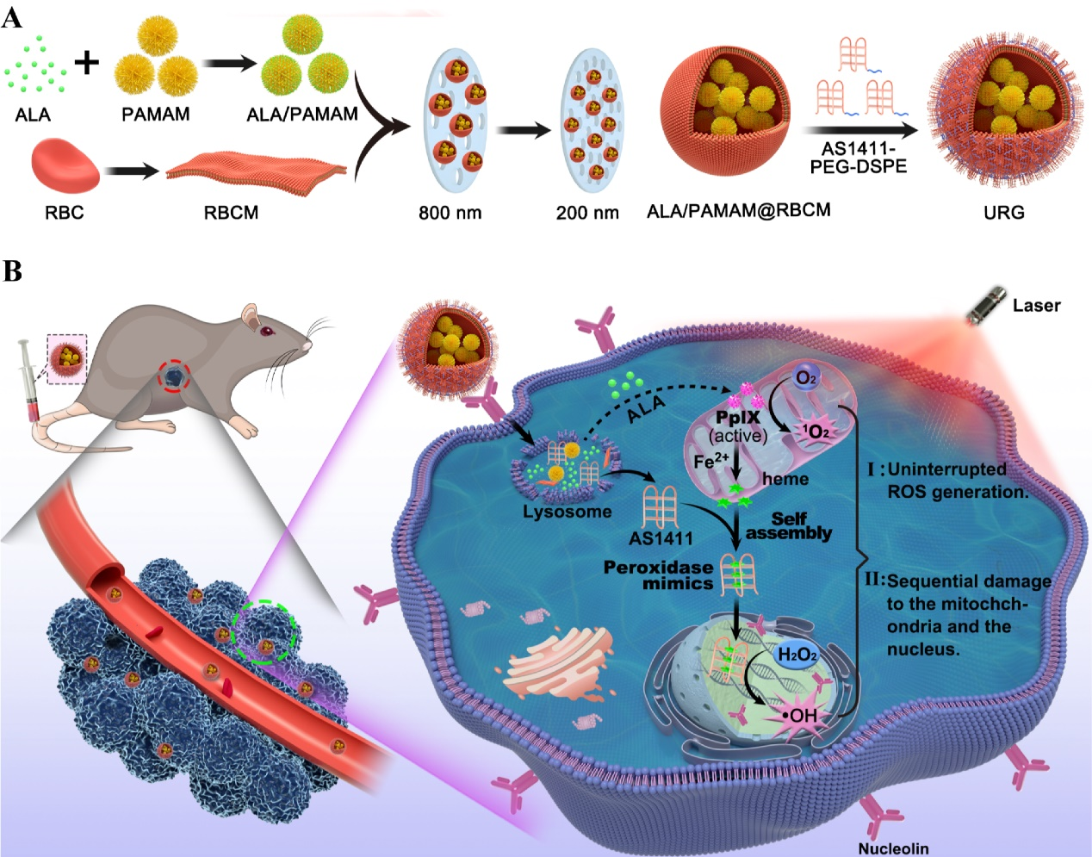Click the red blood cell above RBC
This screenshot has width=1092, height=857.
click(x=65, y=166)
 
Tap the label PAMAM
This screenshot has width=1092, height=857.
click(x=155, y=114)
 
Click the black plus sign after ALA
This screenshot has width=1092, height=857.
click(x=86, y=62)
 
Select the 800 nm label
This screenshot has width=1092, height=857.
click(x=450, y=212)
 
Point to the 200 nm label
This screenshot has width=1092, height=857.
click(x=586, y=212)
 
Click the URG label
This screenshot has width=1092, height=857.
click(x=1003, y=212)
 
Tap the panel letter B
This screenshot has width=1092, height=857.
click(x=13, y=271)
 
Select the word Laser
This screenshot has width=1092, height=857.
click(x=1036, y=305)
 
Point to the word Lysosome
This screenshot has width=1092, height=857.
click(x=567, y=512)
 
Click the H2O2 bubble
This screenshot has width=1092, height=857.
click(x=797, y=655)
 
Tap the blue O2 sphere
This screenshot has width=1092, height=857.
click(x=806, y=378)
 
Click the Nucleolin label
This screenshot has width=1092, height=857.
click(x=893, y=848)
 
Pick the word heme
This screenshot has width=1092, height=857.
click(x=785, y=479)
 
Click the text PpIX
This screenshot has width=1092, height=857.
click(x=738, y=419)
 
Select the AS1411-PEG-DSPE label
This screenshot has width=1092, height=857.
click(x=858, y=158)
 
